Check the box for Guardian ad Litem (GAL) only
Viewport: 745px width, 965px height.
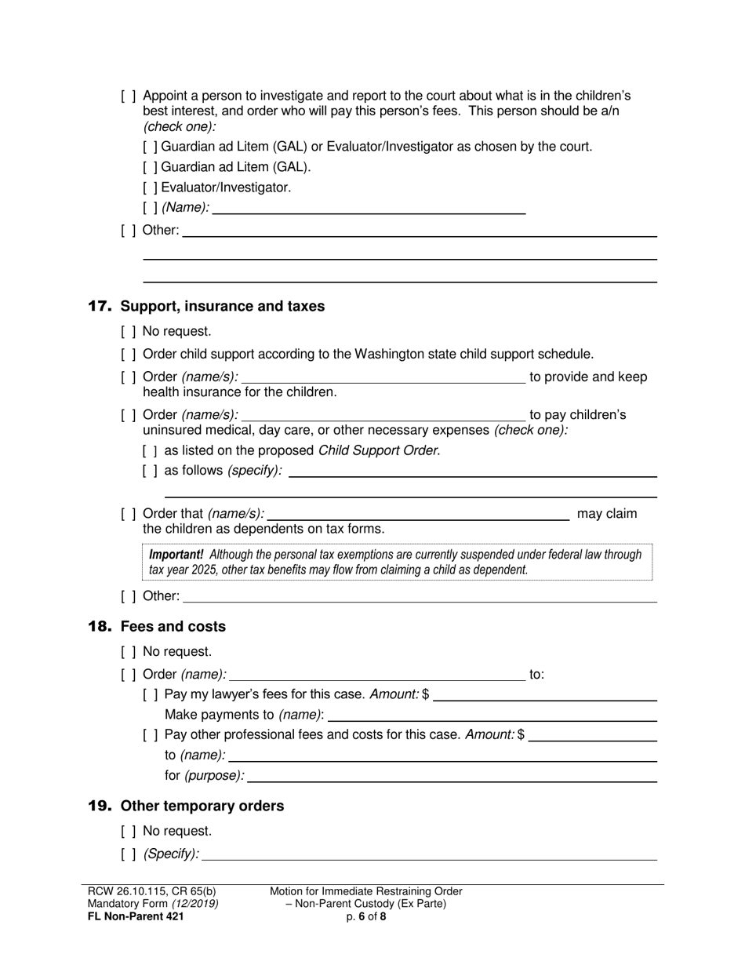[x=151, y=167]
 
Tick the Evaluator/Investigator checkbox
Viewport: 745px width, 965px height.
[x=151, y=188]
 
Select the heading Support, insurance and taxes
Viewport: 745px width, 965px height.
[x=222, y=306]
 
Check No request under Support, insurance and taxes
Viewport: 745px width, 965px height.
[x=129, y=331]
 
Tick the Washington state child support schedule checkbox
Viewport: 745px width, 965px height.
[x=129, y=354]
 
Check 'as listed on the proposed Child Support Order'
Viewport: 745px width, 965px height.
[x=151, y=450]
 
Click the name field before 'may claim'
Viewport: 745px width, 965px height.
[x=417, y=515]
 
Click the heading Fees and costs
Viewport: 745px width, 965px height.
[x=173, y=626]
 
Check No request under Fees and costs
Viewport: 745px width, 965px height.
[x=129, y=651]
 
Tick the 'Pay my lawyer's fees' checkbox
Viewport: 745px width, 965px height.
[x=151, y=694]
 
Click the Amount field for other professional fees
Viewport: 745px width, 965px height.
[x=593, y=736]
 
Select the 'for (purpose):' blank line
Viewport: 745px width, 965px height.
[x=452, y=777]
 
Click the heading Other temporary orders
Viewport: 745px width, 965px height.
[x=202, y=806]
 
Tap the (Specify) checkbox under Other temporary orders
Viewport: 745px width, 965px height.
[x=129, y=854]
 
